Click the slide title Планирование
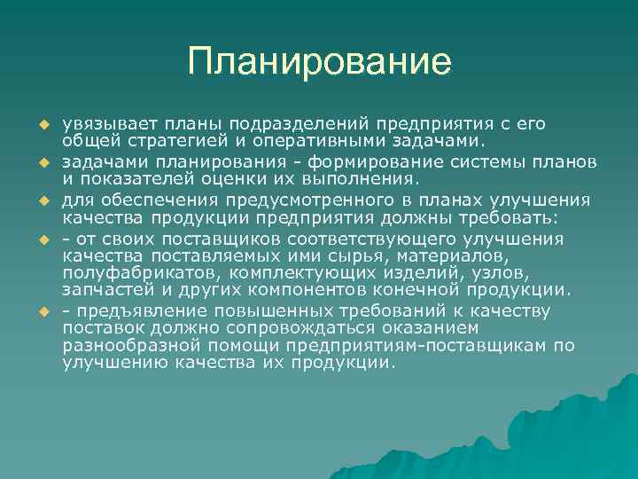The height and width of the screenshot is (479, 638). pos(319,62)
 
